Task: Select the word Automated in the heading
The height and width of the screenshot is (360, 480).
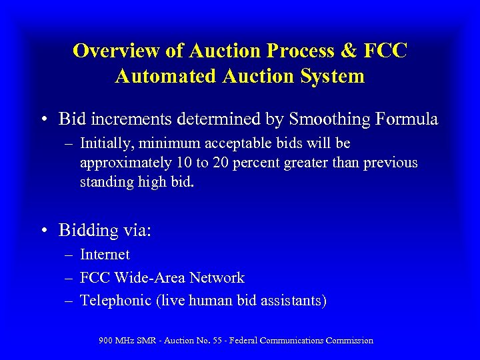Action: pyautogui.click(x=164, y=76)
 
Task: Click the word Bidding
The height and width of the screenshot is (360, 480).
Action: pyautogui.click(x=88, y=231)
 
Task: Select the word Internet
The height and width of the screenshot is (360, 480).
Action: pyautogui.click(x=105, y=255)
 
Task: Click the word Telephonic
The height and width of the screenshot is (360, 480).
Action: pyautogui.click(x=115, y=301)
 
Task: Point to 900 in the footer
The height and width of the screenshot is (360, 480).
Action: pyautogui.click(x=105, y=341)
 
